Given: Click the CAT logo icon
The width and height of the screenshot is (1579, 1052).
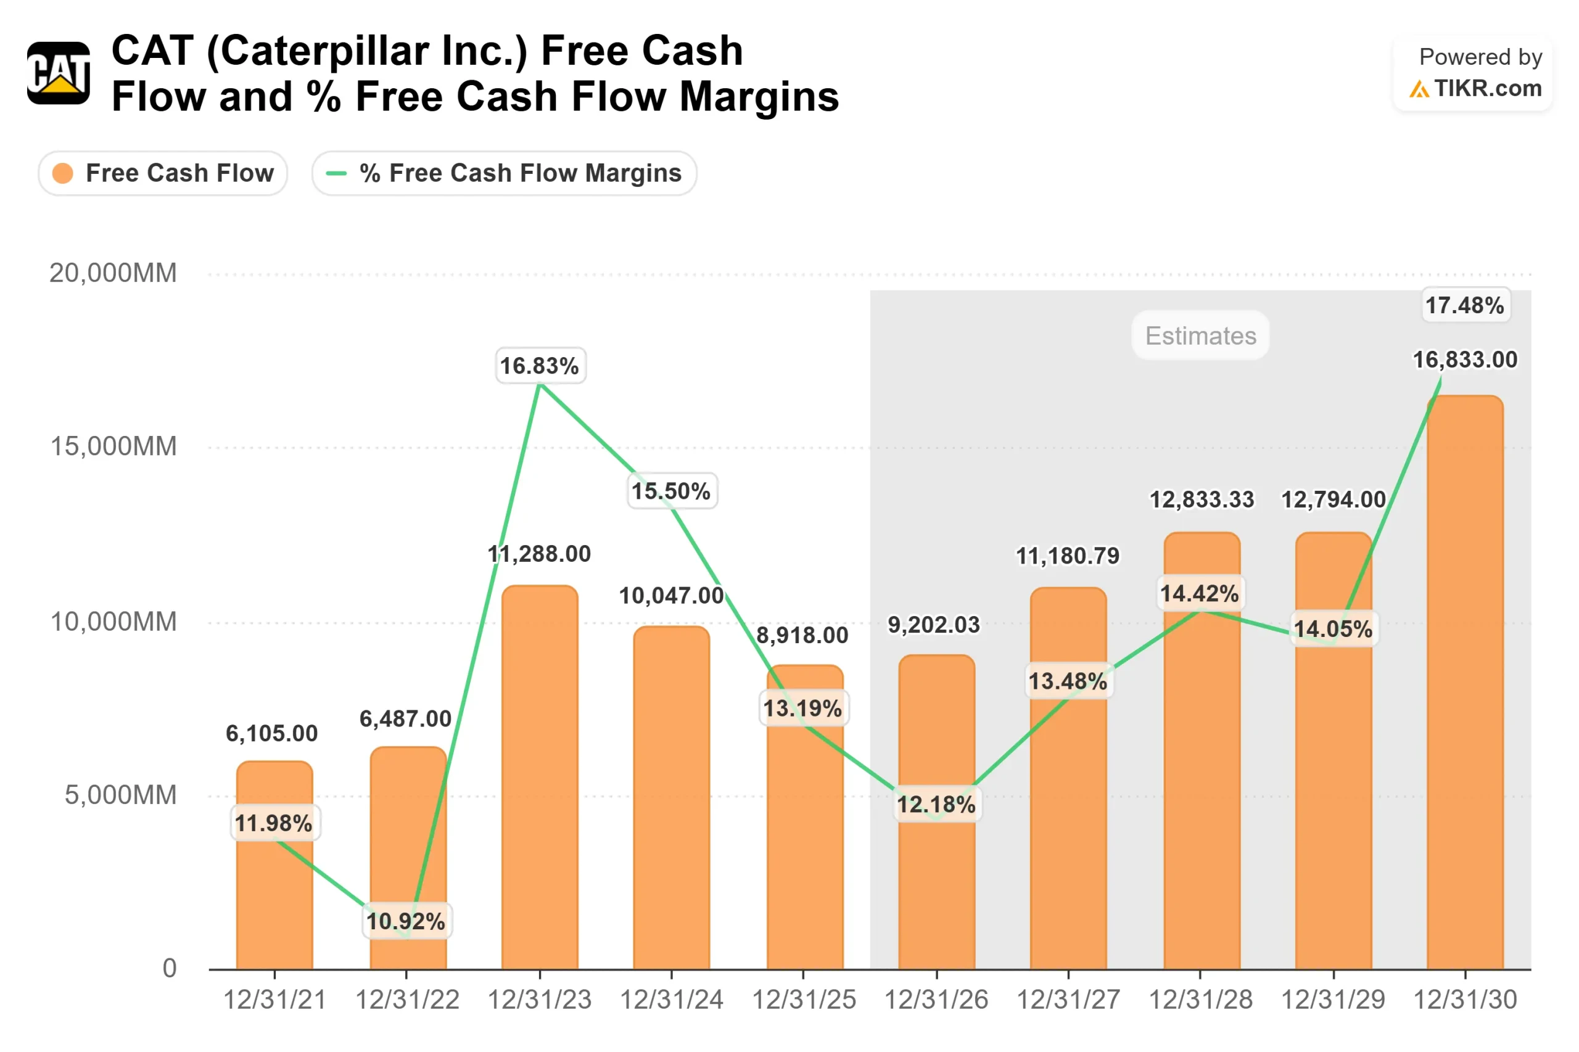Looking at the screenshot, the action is (59, 73).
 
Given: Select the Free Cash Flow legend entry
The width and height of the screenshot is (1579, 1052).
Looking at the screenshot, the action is (163, 173).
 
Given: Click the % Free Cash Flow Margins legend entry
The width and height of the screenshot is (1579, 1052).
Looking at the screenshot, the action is (504, 173).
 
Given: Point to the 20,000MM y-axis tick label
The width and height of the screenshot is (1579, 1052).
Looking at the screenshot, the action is (113, 273).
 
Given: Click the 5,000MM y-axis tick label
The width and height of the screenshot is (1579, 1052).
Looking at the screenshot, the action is (121, 795).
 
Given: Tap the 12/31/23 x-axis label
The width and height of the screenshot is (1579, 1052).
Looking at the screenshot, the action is (540, 1000).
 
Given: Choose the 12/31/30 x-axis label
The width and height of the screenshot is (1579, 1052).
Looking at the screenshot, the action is (1465, 1000).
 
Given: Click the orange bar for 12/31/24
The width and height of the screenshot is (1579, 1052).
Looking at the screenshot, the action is (671, 798).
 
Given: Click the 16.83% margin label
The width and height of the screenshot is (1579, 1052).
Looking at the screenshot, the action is (540, 366).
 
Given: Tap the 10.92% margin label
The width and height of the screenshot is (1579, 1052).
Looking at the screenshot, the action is (406, 921).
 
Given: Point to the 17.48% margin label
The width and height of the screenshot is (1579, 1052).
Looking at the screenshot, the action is (1465, 305).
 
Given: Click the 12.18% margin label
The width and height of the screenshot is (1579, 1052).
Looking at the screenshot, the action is (936, 803).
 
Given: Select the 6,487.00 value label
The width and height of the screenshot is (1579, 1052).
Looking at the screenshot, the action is (406, 718).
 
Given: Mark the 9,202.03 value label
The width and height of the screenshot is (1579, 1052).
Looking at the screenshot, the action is (934, 625).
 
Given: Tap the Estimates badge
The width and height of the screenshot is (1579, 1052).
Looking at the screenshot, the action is (1200, 335).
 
